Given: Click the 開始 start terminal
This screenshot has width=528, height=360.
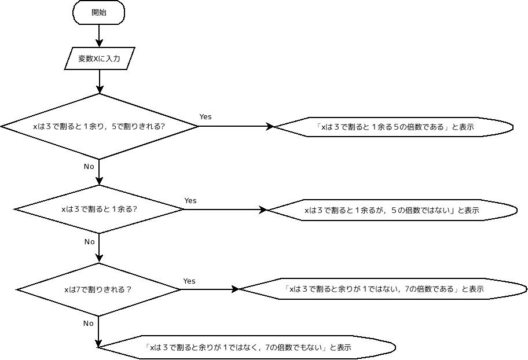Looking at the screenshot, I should (x=99, y=13).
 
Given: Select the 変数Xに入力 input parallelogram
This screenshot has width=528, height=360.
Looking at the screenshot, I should (x=100, y=58).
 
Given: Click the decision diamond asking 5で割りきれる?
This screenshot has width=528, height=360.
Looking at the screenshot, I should (x=100, y=126).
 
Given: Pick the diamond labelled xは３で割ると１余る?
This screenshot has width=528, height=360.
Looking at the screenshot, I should (x=100, y=210).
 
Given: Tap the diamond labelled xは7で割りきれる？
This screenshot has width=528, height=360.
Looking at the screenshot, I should (x=98, y=289).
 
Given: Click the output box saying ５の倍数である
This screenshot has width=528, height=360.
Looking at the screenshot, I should (x=394, y=127).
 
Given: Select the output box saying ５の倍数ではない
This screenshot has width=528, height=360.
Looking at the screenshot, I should (x=392, y=210).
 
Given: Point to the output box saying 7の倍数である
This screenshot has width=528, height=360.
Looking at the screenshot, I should (x=383, y=289).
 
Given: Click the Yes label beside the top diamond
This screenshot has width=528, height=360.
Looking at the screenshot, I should (x=206, y=116).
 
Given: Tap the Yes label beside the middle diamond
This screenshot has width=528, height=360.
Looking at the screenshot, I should (x=190, y=200).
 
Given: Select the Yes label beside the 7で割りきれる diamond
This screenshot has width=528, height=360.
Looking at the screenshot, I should (x=189, y=281).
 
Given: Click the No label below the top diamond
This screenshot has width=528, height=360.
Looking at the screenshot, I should (x=89, y=166).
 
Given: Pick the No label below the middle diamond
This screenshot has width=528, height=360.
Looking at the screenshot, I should (x=89, y=241).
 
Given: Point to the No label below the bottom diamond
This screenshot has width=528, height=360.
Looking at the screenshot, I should (x=88, y=323).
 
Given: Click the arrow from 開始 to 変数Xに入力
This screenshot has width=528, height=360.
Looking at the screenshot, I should (x=99, y=36).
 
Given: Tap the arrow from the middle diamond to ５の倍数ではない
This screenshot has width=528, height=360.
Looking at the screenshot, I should (x=226, y=210).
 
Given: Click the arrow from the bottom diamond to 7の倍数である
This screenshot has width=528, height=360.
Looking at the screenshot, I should (x=210, y=289).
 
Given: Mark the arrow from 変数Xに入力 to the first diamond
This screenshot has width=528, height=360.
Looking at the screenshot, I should (x=100, y=82).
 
